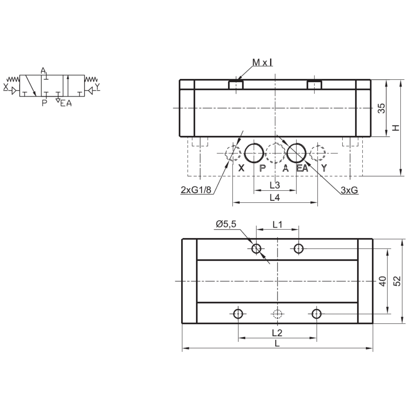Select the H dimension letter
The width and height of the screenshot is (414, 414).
396,128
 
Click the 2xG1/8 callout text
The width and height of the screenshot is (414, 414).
196,190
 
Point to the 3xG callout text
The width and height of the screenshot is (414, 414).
349,190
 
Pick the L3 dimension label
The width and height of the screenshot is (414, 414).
275,185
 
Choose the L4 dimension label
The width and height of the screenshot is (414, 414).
275,198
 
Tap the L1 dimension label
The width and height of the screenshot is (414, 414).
277,225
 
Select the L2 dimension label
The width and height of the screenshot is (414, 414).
277,333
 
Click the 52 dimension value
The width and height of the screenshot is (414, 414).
397,281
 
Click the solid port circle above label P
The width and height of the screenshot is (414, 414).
254,153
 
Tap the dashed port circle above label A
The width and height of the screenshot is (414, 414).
275,153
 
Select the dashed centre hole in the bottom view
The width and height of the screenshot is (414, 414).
277,314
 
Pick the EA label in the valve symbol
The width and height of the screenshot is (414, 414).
66,103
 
